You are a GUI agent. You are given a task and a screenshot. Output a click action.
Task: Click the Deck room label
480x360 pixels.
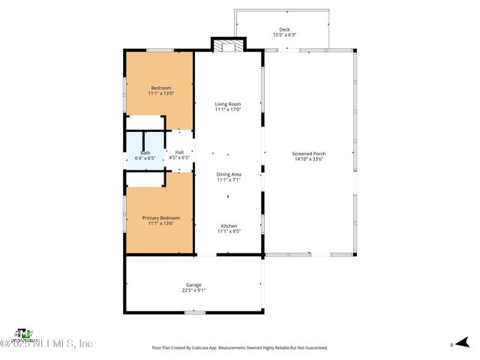click(x=284, y=29)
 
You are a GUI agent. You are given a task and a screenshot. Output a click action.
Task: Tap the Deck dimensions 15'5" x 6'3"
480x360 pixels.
click(x=284, y=34)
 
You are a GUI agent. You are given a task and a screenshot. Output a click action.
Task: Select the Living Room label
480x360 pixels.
click(x=228, y=104)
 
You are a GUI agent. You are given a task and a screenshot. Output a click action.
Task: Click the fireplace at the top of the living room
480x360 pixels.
click(x=228, y=46)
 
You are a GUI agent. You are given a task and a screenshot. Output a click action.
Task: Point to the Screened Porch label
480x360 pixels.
click(x=309, y=154)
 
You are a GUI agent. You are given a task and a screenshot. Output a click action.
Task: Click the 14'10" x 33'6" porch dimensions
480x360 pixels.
click(x=309, y=159)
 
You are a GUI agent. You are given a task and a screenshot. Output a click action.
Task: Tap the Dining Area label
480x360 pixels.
click(x=228, y=174)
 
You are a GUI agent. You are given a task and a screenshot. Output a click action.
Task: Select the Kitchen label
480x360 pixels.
click(x=228, y=226)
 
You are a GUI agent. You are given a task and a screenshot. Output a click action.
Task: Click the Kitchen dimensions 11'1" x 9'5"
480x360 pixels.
click(x=228, y=232)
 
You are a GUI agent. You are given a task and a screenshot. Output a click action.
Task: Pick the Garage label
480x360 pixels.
click(x=193, y=284)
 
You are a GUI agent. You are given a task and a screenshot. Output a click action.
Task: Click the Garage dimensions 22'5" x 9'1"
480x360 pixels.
click(x=193, y=290)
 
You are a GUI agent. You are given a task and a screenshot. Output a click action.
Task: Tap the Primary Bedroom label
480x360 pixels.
click(x=161, y=217)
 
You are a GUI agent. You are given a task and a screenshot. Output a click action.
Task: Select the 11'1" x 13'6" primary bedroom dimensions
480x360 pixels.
click(x=161, y=223)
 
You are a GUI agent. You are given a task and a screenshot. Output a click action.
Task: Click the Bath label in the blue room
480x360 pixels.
click(x=145, y=152)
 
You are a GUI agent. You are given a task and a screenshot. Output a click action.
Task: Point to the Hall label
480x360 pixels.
click(x=179, y=152)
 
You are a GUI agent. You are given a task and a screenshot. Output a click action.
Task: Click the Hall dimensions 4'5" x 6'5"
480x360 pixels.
click(x=179, y=158)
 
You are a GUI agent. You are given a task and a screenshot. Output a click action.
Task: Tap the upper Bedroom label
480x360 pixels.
click(x=161, y=88)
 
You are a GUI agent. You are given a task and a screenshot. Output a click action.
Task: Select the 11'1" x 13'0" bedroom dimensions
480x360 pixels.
click(x=161, y=94)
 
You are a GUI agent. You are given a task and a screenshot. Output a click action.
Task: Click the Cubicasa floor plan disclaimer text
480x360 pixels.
click(x=239, y=348)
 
